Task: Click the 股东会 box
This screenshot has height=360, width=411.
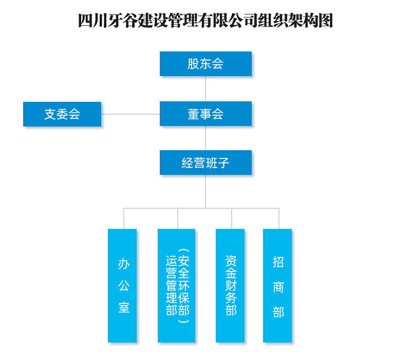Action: pos(206,64)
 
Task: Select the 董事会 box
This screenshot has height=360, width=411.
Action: pos(206,114)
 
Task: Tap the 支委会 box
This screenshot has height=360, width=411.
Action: pos(62,114)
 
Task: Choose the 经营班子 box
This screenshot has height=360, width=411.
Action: pos(206,163)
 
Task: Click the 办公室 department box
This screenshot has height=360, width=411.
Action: pos(122,285)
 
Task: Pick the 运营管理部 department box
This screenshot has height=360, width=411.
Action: pos(176,285)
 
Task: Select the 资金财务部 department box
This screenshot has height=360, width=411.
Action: pos(230,285)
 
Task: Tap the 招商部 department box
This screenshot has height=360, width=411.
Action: pos(277,285)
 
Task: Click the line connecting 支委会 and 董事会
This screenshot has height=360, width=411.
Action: pos(130,114)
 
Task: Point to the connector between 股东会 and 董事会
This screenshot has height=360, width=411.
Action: pos(206,88)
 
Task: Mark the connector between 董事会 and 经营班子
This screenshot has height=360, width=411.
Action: pos(206,138)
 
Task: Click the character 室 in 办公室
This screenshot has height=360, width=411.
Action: pos(124,308)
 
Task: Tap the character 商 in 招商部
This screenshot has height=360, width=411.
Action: pos(278,287)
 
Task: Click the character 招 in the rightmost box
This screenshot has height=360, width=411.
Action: pos(278,262)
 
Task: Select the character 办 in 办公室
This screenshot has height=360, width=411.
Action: pos(124,264)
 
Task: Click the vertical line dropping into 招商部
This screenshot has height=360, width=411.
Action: pos(279,219)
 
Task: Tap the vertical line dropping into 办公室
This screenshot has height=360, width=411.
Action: pos(124,219)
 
